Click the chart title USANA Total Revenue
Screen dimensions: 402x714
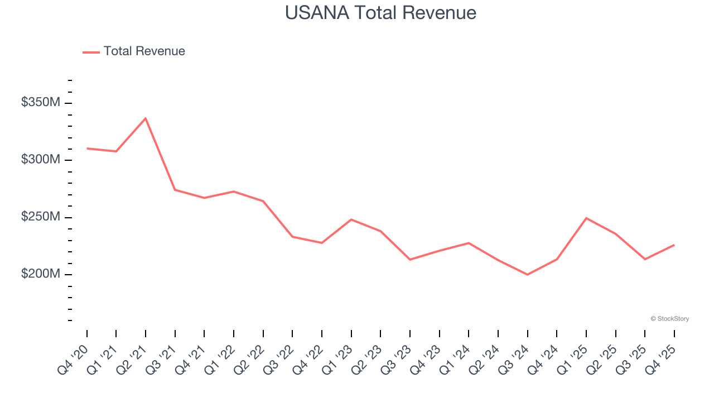[x=380, y=13]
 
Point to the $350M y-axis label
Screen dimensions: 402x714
[x=41, y=103]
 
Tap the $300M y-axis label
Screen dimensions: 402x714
[x=41, y=160]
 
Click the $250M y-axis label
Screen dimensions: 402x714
[x=41, y=217]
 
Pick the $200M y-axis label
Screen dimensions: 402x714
[x=41, y=274]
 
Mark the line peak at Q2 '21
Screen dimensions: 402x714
[x=146, y=118]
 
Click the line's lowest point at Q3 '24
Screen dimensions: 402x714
[x=527, y=275]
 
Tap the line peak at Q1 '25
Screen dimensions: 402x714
[x=586, y=218]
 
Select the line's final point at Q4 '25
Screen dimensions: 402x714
[x=674, y=245]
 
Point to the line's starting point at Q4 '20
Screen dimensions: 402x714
[x=87, y=149]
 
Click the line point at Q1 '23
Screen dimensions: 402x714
[x=351, y=219]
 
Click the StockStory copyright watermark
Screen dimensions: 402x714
[x=669, y=319]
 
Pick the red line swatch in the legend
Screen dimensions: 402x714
[x=91, y=52]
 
